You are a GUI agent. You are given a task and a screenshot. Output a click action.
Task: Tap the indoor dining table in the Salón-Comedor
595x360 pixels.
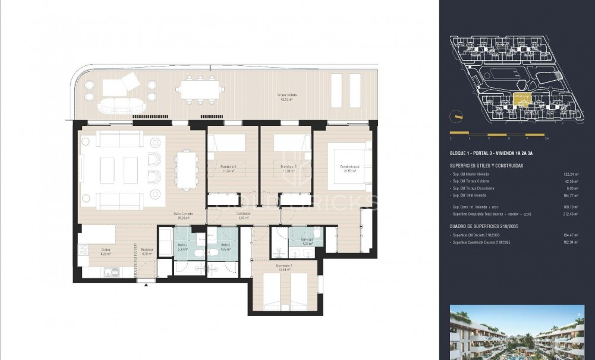click(185, 170)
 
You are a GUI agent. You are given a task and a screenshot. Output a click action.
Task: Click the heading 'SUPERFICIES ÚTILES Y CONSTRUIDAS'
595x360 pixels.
click(486, 166)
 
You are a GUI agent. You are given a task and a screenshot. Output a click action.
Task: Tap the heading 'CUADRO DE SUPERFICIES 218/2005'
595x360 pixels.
click(484, 226)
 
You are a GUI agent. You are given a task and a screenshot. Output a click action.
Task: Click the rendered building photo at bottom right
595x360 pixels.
click(517, 333)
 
